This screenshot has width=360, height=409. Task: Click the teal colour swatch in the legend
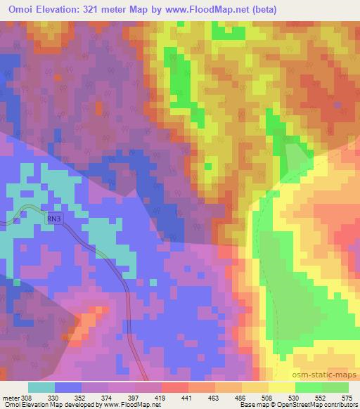click(41, 387)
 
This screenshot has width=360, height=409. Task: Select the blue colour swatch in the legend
click(68, 387)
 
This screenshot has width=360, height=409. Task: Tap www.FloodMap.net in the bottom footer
click(126, 405)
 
